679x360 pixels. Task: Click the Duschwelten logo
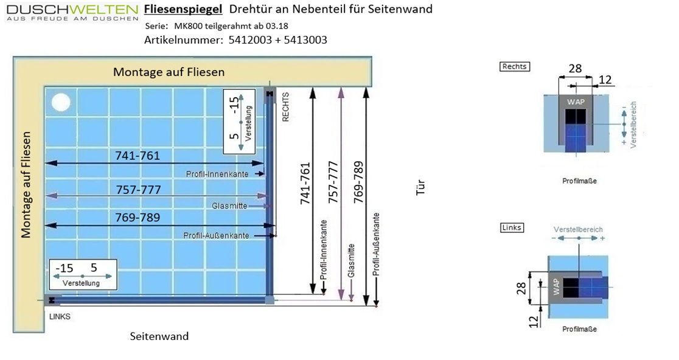tap(72, 13)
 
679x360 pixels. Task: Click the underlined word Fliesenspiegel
tap(183, 9)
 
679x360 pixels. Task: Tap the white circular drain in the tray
tap(61, 103)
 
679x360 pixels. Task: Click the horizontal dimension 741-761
tap(138, 155)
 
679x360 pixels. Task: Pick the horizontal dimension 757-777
tap(139, 190)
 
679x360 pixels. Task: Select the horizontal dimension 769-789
tap(138, 217)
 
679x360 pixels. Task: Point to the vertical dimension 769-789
tap(358, 182)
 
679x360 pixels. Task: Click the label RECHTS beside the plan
tap(285, 107)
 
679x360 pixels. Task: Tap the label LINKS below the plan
tap(60, 316)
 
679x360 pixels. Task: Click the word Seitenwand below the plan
tap(159, 336)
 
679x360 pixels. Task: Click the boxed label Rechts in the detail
tap(515, 67)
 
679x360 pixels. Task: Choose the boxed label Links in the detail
tap(512, 227)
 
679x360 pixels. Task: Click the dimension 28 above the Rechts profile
tap(575, 68)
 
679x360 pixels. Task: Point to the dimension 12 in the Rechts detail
tap(605, 80)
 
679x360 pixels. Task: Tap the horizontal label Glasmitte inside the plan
tap(229, 206)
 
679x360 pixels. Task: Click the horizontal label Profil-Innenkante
tap(217, 174)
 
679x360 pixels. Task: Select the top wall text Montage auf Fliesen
tap(169, 72)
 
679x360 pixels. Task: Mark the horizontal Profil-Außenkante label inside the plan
tap(216, 235)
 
